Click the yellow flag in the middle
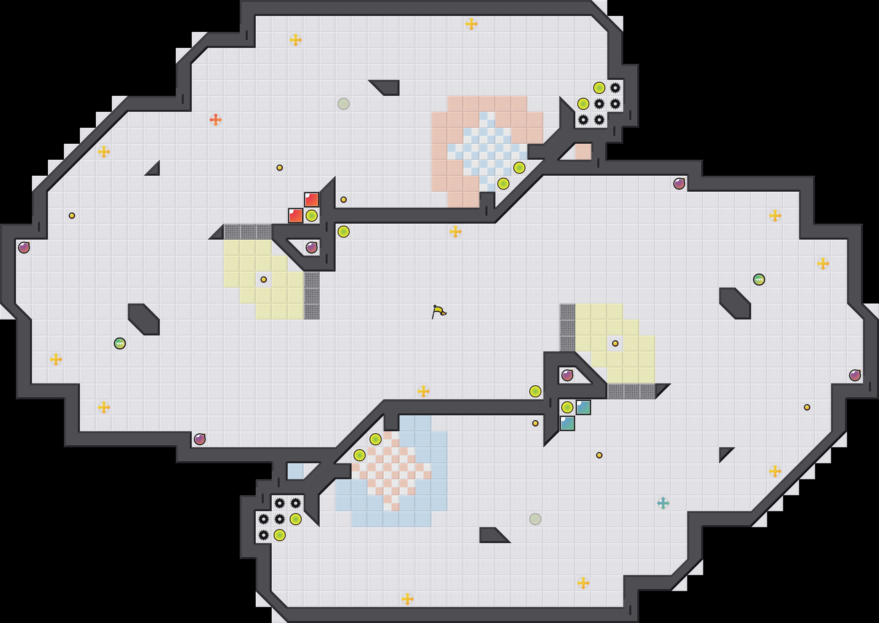(439, 311)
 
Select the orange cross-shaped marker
(216, 119)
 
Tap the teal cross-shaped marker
(663, 503)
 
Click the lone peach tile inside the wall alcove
(583, 151)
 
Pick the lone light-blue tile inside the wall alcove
(295, 471)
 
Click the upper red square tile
(312, 200)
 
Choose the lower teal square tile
(567, 423)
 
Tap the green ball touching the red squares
(312, 216)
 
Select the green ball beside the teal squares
(567, 407)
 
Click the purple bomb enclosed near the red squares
(312, 248)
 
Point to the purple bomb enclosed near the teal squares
(567, 375)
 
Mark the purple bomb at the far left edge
(24, 248)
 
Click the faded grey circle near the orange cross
(344, 104)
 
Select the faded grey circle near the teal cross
(535, 519)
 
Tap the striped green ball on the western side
(120, 343)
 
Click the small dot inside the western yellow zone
(264, 280)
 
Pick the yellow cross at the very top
(471, 24)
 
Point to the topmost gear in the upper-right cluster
(615, 88)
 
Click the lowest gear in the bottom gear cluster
(264, 535)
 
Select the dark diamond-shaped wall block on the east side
(735, 304)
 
